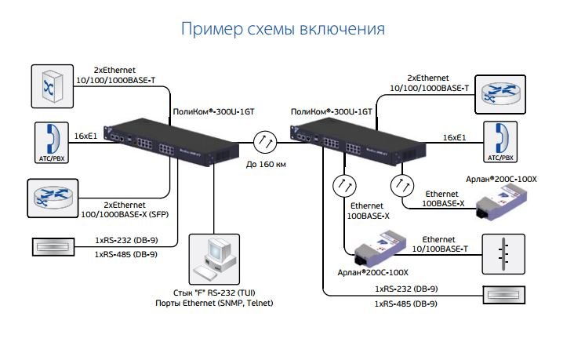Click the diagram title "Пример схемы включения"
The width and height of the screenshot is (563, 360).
click(282, 29)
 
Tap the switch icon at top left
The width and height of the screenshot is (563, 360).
click(53, 86)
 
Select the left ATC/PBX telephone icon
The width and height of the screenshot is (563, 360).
click(52, 143)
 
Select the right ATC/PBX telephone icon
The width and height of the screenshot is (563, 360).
click(500, 142)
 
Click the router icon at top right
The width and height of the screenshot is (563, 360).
click(500, 94)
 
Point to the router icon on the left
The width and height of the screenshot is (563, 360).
click(53, 198)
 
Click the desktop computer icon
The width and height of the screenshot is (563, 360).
click(214, 259)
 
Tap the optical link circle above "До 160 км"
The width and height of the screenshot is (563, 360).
click(265, 143)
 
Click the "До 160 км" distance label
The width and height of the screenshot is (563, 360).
click(266, 165)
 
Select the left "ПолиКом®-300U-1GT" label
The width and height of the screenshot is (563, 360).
click(213, 111)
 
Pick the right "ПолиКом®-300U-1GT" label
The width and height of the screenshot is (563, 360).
click(332, 111)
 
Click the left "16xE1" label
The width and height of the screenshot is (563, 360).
click(85, 136)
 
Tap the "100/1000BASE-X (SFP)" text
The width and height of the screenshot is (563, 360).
click(125, 214)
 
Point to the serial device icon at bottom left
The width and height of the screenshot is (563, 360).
click(53, 247)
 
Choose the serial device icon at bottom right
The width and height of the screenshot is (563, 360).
click(503, 295)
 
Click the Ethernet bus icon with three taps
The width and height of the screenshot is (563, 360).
click(503, 254)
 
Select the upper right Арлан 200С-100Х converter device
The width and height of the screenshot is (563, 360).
click(501, 205)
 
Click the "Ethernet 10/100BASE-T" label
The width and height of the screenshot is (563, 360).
click(440, 244)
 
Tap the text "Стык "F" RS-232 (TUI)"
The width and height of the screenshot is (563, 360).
click(214, 293)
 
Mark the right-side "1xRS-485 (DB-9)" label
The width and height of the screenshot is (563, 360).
click(405, 304)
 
